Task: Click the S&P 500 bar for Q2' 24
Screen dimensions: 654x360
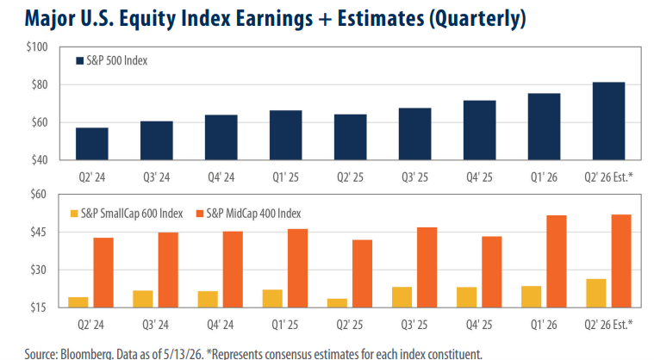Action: (x=91, y=144)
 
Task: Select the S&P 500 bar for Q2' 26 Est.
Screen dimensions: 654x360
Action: (x=608, y=121)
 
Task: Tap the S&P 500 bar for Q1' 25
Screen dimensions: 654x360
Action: (x=286, y=135)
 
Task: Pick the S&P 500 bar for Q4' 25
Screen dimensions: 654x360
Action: (x=480, y=130)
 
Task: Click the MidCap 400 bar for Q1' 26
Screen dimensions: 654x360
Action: (x=557, y=261)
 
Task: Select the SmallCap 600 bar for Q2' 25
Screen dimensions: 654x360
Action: (x=337, y=303)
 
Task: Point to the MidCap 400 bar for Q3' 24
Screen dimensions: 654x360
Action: (x=168, y=270)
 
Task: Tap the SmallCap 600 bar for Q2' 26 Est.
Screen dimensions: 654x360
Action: (x=596, y=294)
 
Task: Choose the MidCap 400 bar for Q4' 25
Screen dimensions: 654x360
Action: (x=492, y=272)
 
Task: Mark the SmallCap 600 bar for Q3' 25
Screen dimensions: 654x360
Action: (x=402, y=297)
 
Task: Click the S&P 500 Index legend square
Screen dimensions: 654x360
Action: (x=79, y=61)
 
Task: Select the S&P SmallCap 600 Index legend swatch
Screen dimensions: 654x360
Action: (x=74, y=214)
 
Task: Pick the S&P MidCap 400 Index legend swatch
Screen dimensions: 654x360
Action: (x=200, y=214)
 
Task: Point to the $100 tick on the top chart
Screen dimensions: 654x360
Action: (x=37, y=47)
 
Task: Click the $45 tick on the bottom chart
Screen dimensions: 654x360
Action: (x=39, y=232)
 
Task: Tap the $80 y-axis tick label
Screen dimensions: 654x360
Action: (x=40, y=84)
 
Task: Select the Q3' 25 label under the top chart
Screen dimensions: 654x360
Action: (x=414, y=177)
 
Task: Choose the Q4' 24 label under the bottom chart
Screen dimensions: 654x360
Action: (x=221, y=325)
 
